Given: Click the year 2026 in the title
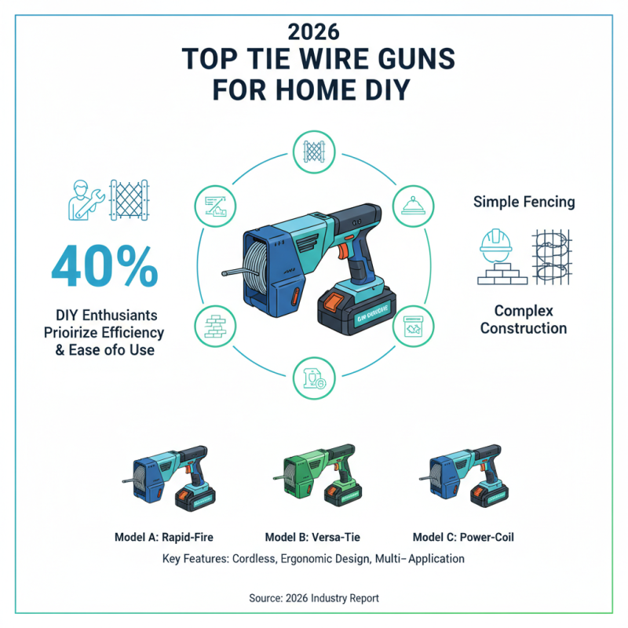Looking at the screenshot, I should point(313,33).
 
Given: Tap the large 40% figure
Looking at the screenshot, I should point(104,267).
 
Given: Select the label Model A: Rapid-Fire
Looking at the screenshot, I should point(163,538).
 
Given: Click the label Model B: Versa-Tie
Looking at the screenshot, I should point(313,538).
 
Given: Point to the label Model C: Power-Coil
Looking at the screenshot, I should point(463,538).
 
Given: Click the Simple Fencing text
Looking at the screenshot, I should point(524,202).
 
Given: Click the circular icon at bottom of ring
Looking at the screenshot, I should point(313,378).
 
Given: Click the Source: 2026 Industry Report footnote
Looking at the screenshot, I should point(313,598).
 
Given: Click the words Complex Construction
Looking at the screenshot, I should point(524,319).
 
